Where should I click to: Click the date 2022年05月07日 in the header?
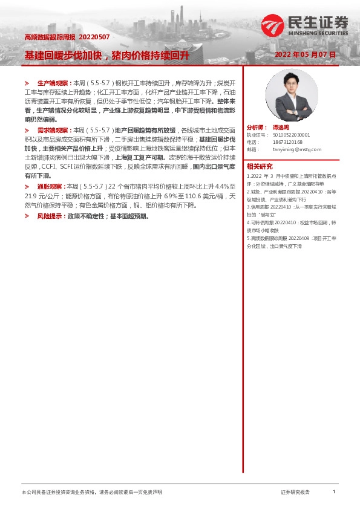[x=305, y=54]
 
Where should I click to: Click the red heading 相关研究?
[x=260, y=167]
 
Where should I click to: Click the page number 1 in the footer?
[x=333, y=492]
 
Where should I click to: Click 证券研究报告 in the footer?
[x=295, y=493]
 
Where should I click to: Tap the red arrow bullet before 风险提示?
[x=27, y=216]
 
